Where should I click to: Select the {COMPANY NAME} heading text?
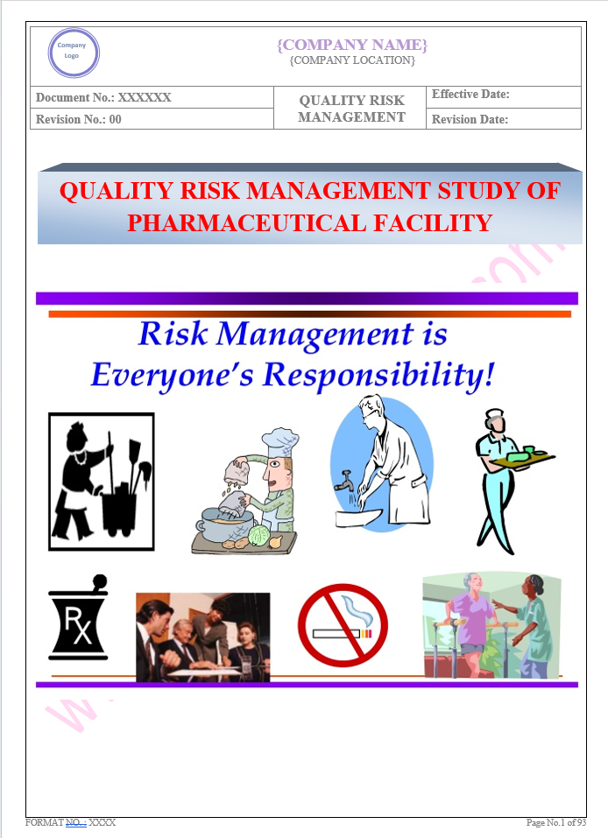pos(351,45)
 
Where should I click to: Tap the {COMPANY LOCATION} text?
pos(351,60)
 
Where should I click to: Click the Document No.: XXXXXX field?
pos(104,98)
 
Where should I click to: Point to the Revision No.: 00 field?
pos(79,120)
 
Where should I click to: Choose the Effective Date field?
pos(470,95)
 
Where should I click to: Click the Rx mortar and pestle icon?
pos(78,616)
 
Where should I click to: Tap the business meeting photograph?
pos(202,637)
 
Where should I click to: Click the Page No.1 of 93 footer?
pos(555,823)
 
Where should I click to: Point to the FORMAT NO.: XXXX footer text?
pos(71,823)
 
